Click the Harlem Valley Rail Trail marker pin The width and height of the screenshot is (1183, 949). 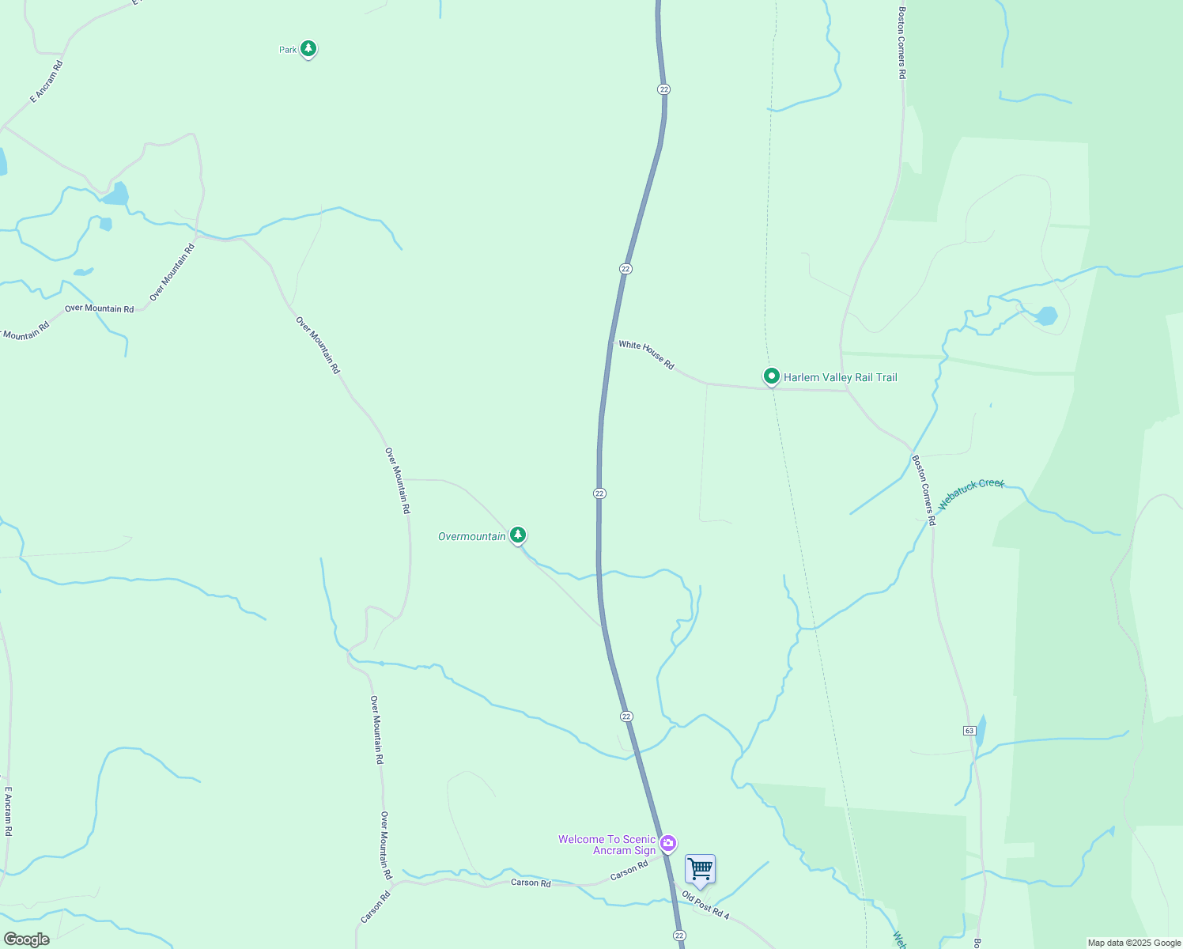click(x=771, y=376)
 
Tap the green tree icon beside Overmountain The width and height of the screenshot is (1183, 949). click(x=518, y=535)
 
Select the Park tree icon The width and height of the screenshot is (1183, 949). click(x=308, y=49)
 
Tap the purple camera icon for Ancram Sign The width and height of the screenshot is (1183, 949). click(x=668, y=844)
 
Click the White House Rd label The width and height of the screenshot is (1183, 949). click(x=646, y=355)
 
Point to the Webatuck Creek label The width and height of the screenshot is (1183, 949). click(x=971, y=494)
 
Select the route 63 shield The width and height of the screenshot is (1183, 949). click(x=969, y=730)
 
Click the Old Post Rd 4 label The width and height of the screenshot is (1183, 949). click(x=705, y=906)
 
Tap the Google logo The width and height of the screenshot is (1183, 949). click(x=27, y=939)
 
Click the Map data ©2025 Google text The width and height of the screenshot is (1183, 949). click(x=1134, y=943)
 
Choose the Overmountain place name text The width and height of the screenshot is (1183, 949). click(x=472, y=536)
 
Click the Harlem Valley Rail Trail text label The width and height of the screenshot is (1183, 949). click(x=841, y=377)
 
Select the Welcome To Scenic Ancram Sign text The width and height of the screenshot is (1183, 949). click(x=607, y=845)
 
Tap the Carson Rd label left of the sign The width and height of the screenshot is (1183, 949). click(x=531, y=883)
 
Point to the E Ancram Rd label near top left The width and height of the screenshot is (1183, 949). click(x=46, y=82)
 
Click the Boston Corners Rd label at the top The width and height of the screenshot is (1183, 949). click(x=901, y=43)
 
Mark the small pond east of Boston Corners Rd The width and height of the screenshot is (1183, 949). click(x=1045, y=316)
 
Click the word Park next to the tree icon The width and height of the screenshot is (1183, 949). click(x=288, y=50)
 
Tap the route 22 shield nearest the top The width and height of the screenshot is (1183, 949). click(x=663, y=89)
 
